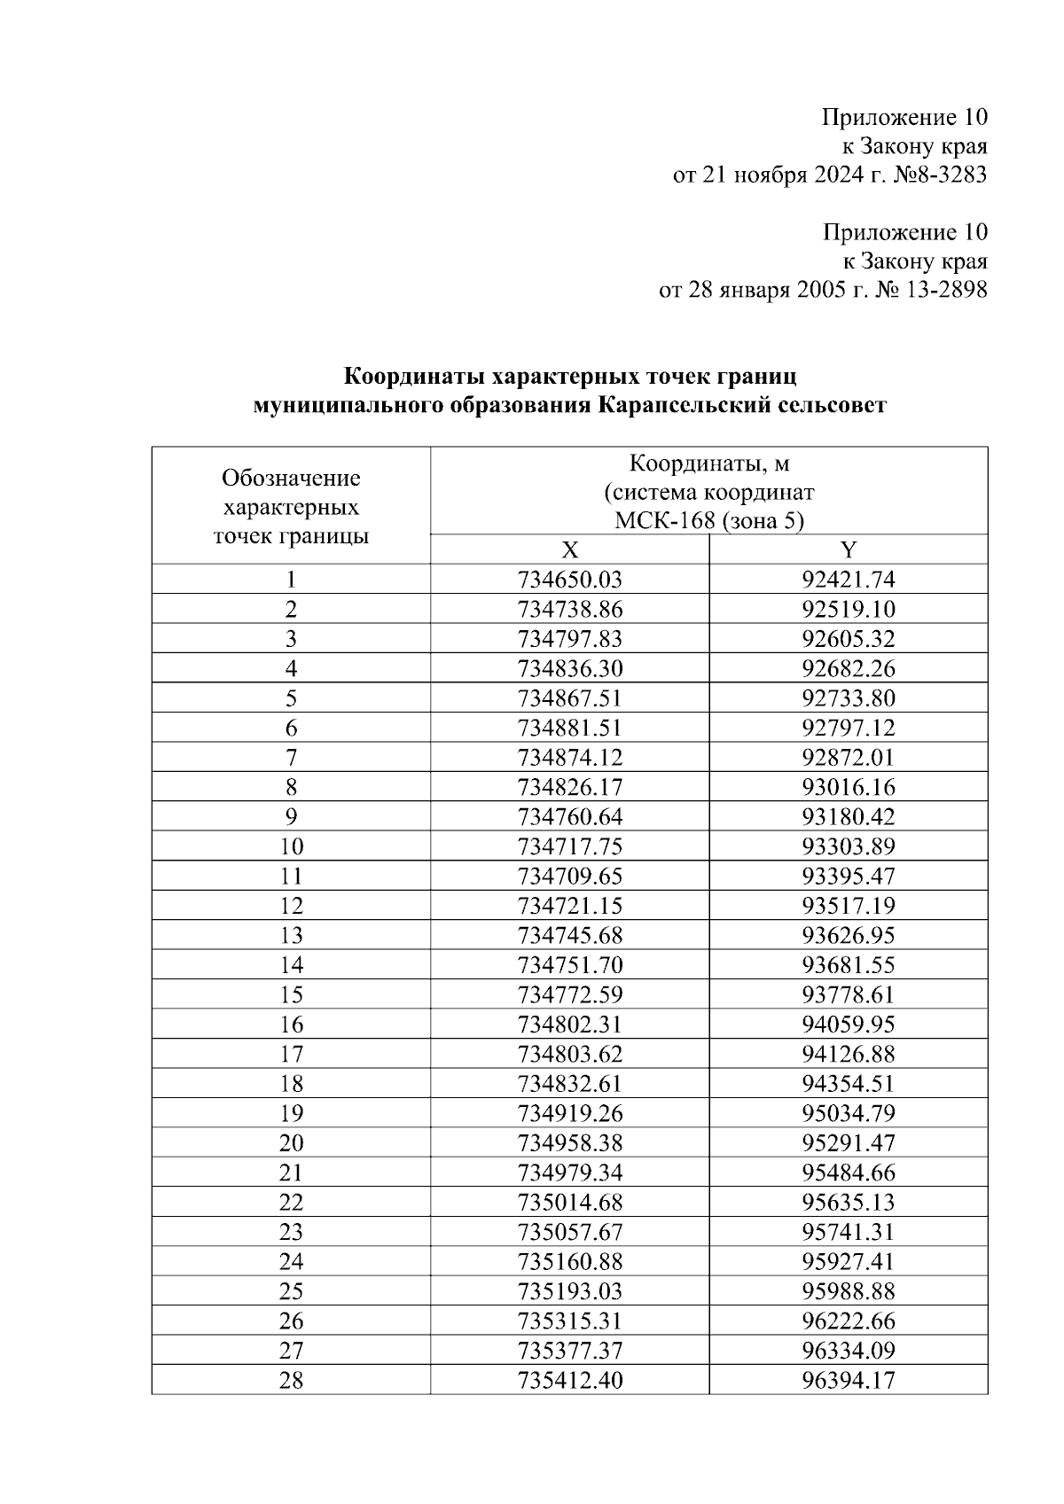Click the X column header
[x=569, y=549]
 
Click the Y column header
[x=849, y=549]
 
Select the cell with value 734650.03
[x=569, y=580]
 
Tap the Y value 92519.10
[x=849, y=610]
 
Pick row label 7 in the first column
[x=291, y=758]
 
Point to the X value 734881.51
[x=569, y=729]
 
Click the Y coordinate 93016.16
[x=849, y=787]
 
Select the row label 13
[x=291, y=936]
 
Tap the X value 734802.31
[x=569, y=1025]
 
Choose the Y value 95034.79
[x=849, y=1113]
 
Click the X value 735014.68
[x=569, y=1203]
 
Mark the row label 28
[x=291, y=1381]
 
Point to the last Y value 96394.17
[x=849, y=1381]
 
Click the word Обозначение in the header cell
[x=291, y=479]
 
